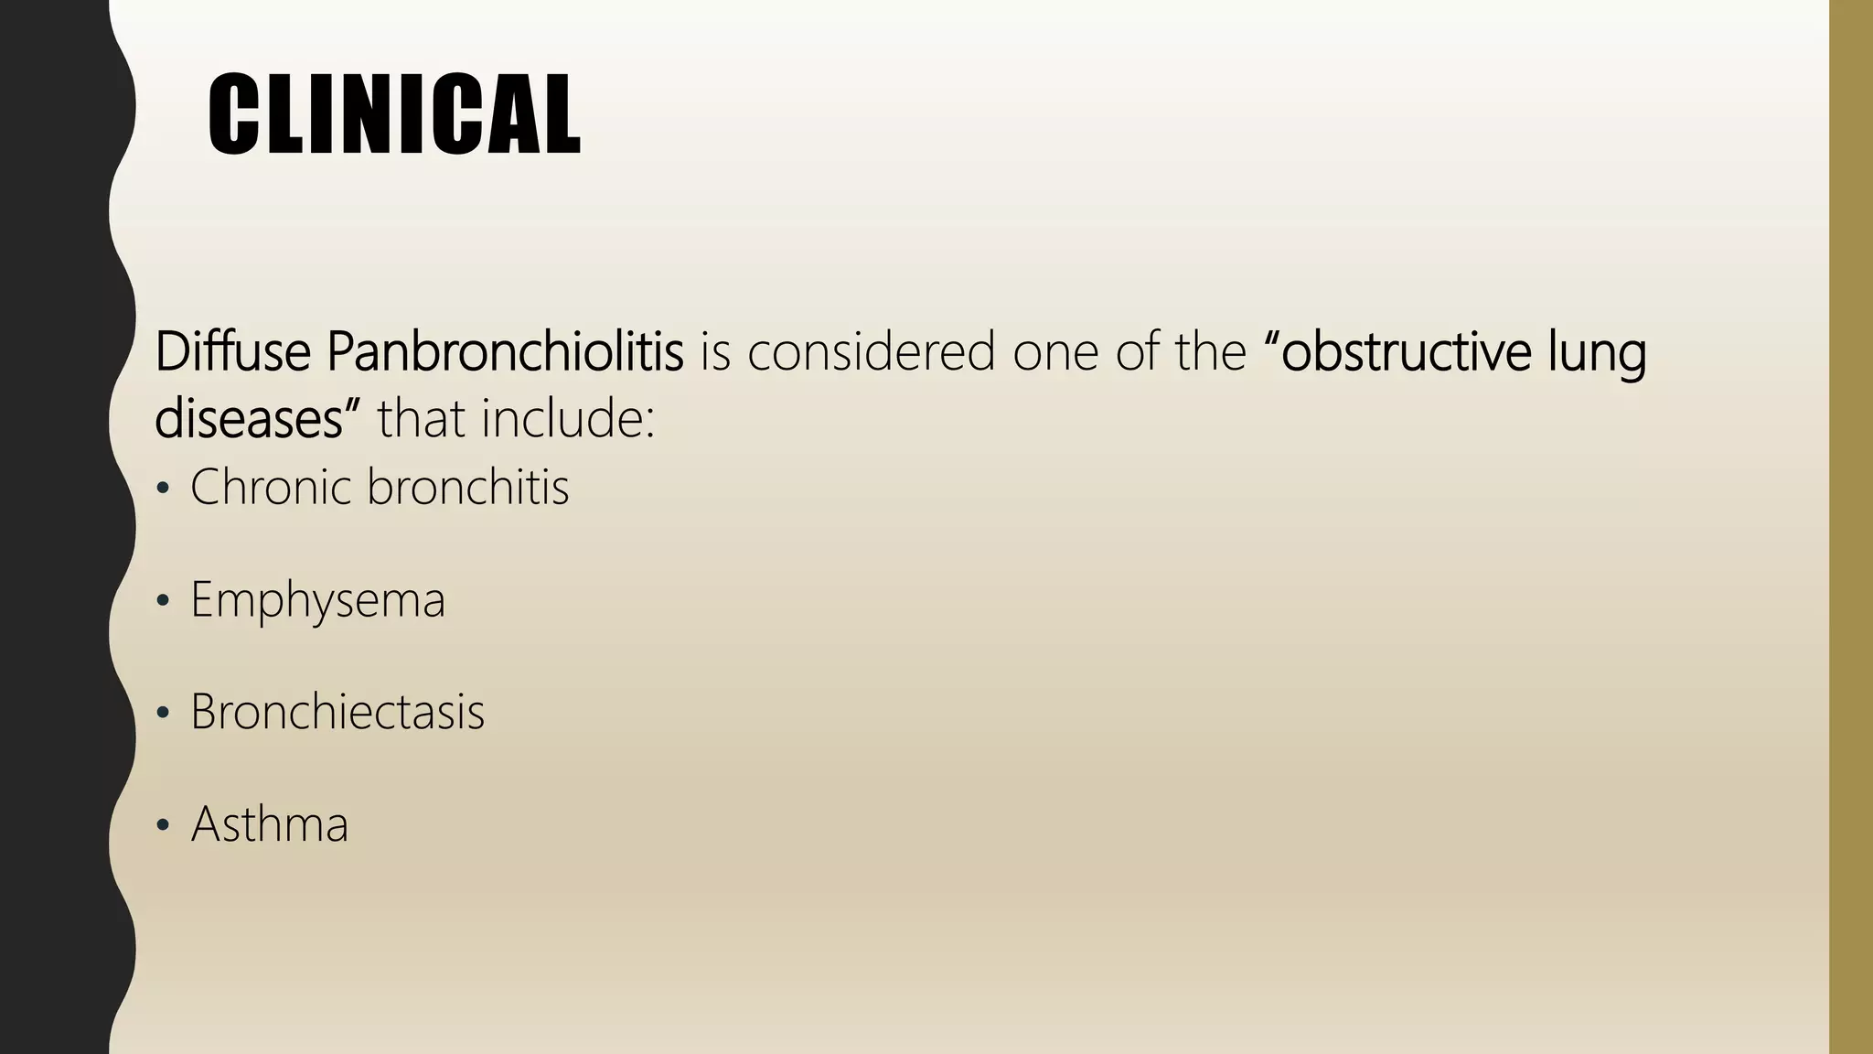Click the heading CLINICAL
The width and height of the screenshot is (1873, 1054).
click(393, 115)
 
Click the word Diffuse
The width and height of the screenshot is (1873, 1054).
click(232, 351)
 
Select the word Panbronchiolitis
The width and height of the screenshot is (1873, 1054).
click(505, 351)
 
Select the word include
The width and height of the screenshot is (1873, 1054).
click(567, 419)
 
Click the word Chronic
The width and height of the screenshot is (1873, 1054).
click(271, 487)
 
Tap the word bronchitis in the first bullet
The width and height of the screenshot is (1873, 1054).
click(467, 487)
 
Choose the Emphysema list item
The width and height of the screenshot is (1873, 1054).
click(317, 601)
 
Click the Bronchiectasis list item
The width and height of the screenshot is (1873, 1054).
click(337, 712)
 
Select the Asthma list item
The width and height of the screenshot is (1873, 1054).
click(269, 824)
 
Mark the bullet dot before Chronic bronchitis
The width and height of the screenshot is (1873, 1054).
click(163, 490)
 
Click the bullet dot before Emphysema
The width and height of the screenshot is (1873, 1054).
click(163, 602)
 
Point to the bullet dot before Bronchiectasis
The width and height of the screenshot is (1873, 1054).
click(163, 714)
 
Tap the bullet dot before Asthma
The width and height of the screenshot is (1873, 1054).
click(163, 826)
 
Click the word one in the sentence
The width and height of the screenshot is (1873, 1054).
click(1054, 353)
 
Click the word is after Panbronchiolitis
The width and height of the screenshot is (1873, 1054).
click(716, 351)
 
